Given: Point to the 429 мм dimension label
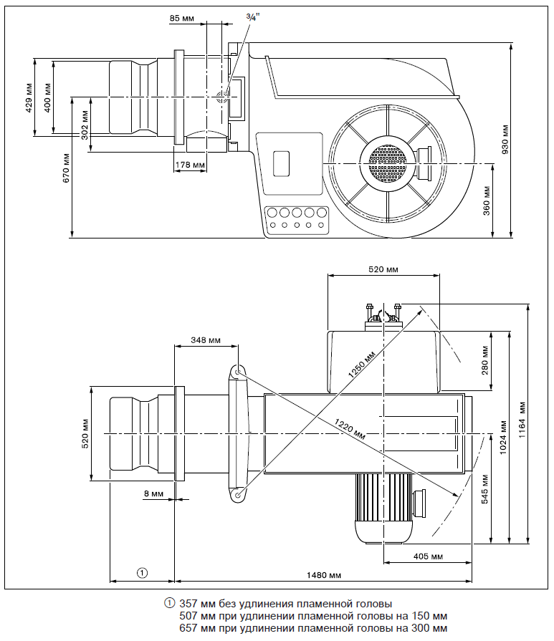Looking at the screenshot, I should point(28,98).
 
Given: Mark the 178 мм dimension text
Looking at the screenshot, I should point(190,165).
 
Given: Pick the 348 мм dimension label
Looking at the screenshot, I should point(206,340).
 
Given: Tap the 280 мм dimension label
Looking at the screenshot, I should point(484,362).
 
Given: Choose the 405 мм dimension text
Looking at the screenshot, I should point(428,556).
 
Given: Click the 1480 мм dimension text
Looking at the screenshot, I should point(323,575).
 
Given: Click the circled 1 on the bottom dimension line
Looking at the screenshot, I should point(142,572).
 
